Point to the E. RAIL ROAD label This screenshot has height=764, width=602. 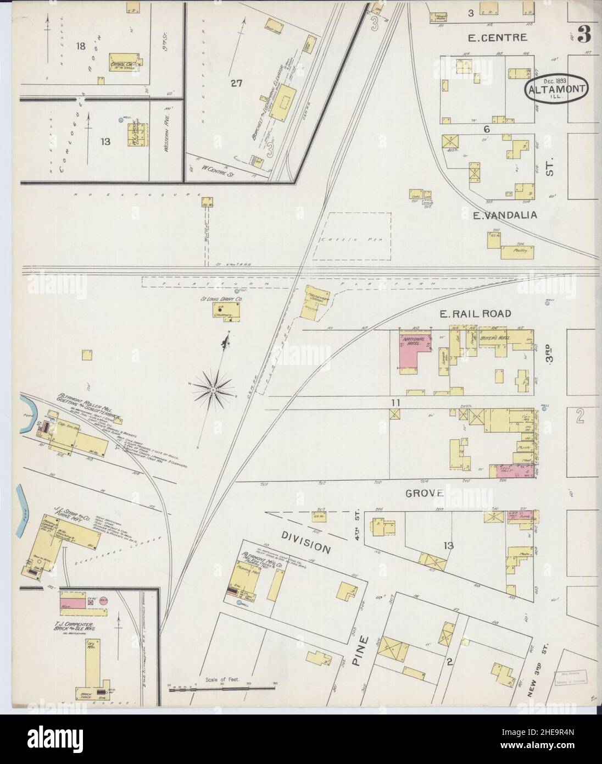coord(476,313)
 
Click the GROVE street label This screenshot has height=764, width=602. coord(425,493)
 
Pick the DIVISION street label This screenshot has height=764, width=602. coord(299,541)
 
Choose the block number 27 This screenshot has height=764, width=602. coord(236,84)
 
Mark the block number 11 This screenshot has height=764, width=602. coord(394,403)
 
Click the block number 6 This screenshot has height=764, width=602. coord(486,129)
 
